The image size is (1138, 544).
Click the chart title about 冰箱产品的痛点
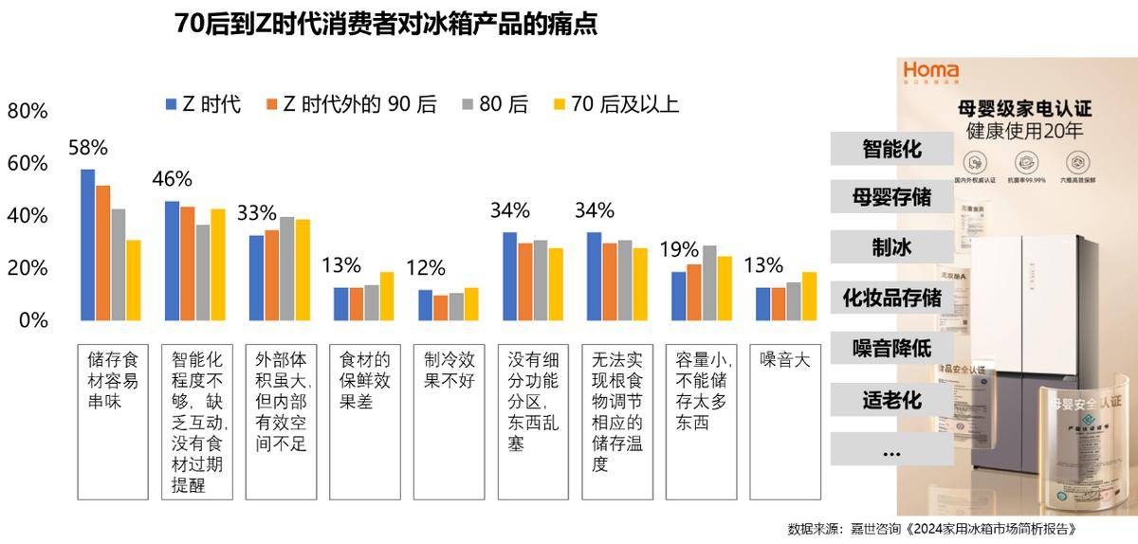[x=386, y=25]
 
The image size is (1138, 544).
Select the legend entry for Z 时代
[x=203, y=104]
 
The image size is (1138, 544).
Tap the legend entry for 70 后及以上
[x=615, y=104]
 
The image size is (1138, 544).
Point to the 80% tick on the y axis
[x=28, y=111]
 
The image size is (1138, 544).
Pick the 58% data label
[x=88, y=148]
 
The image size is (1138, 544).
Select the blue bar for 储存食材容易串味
[x=87, y=245]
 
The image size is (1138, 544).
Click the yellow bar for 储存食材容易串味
[x=133, y=280]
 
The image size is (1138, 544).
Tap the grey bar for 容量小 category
[x=709, y=282]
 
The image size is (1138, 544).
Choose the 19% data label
[x=679, y=250]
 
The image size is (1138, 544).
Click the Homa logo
[x=930, y=71]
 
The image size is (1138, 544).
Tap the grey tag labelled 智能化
[x=891, y=149]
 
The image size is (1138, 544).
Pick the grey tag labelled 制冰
[x=891, y=248]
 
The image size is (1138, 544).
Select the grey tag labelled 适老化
[x=891, y=399]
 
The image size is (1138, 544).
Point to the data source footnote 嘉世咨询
[x=934, y=529]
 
